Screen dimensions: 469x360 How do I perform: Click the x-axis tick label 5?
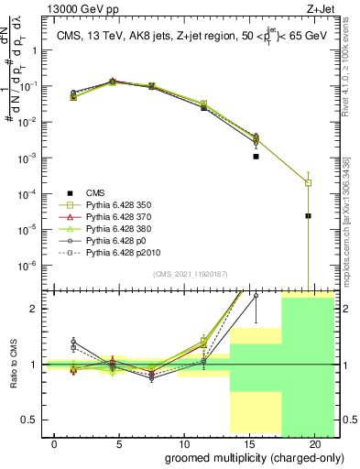tap(119, 443)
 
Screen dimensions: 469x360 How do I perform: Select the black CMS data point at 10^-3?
tap(256, 157)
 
